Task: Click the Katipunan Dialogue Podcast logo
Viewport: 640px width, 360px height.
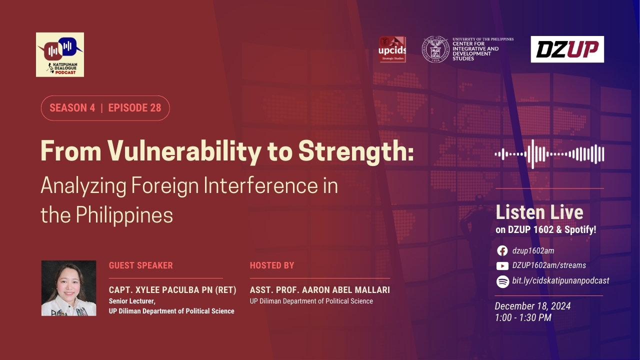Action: (x=60, y=54)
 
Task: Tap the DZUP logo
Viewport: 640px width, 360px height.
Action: (x=567, y=49)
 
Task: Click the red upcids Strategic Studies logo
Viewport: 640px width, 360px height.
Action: (x=392, y=49)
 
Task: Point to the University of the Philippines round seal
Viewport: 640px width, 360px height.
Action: (x=435, y=49)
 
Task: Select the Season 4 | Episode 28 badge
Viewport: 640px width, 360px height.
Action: (x=105, y=108)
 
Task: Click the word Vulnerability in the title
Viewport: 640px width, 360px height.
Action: (x=184, y=151)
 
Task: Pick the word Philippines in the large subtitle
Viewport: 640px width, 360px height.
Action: (x=124, y=215)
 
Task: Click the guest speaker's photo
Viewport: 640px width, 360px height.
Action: (x=69, y=288)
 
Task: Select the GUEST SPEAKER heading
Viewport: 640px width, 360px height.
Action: (x=141, y=265)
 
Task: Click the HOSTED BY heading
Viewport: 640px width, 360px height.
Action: (x=272, y=265)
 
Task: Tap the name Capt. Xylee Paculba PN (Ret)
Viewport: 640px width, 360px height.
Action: (x=172, y=289)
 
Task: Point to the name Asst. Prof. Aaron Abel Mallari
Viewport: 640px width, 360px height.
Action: (x=319, y=289)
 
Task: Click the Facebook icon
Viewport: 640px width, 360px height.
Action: (x=502, y=251)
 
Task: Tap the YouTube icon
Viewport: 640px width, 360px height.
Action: (x=502, y=266)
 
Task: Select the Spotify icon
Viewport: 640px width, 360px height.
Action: (x=502, y=281)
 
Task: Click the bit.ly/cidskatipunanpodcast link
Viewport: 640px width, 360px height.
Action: (x=560, y=281)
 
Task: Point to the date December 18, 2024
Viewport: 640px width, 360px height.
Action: (x=532, y=306)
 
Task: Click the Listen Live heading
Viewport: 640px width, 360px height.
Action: (x=539, y=212)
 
